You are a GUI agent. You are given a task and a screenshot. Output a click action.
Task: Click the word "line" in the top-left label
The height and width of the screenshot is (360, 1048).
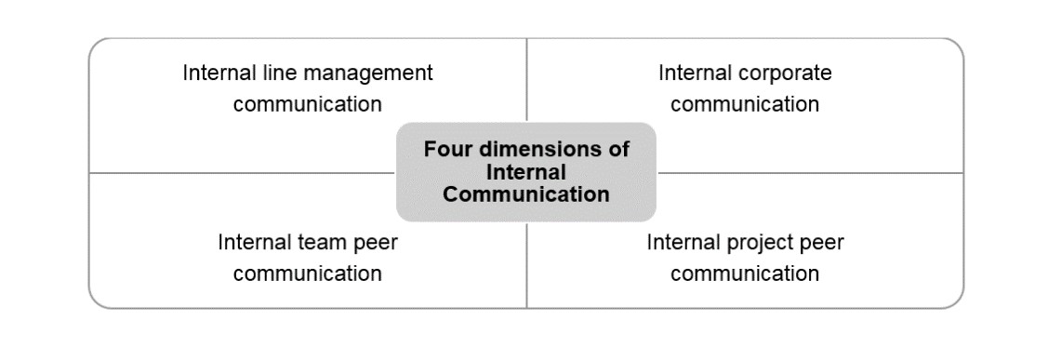click(278, 73)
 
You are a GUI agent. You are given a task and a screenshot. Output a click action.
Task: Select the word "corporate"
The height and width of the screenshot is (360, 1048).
click(785, 73)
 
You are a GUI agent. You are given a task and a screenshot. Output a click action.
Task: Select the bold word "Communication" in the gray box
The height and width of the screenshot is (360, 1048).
click(526, 194)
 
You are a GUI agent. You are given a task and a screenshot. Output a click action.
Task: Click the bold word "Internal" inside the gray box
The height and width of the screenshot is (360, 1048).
click(526, 172)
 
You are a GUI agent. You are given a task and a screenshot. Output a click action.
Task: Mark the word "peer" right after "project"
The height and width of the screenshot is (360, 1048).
click(820, 244)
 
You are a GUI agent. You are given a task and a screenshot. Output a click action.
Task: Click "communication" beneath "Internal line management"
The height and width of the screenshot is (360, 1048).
click(307, 104)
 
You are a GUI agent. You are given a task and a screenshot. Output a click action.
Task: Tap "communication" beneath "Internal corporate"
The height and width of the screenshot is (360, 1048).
click(745, 104)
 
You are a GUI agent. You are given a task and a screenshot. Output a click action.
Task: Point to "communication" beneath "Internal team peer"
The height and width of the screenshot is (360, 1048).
click(307, 274)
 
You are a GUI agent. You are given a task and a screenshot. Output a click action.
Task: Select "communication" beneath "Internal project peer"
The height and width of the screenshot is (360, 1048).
click(745, 274)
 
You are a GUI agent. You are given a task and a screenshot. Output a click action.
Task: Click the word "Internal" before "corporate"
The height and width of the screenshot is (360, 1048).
click(695, 73)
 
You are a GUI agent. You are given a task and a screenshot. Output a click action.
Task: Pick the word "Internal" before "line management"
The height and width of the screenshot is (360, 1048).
click(219, 73)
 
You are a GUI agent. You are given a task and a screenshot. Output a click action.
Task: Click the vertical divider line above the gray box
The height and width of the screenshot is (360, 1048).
click(526, 80)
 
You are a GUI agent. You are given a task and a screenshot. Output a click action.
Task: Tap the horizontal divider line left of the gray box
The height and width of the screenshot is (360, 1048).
click(242, 173)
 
